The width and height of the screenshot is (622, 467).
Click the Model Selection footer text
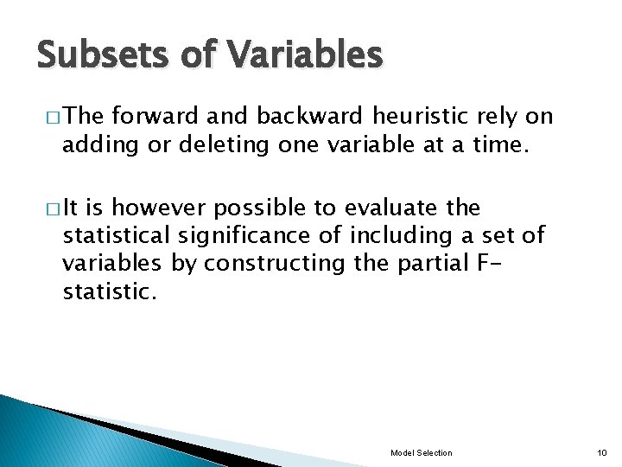[421, 453]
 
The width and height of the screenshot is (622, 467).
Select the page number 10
[602, 453]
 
